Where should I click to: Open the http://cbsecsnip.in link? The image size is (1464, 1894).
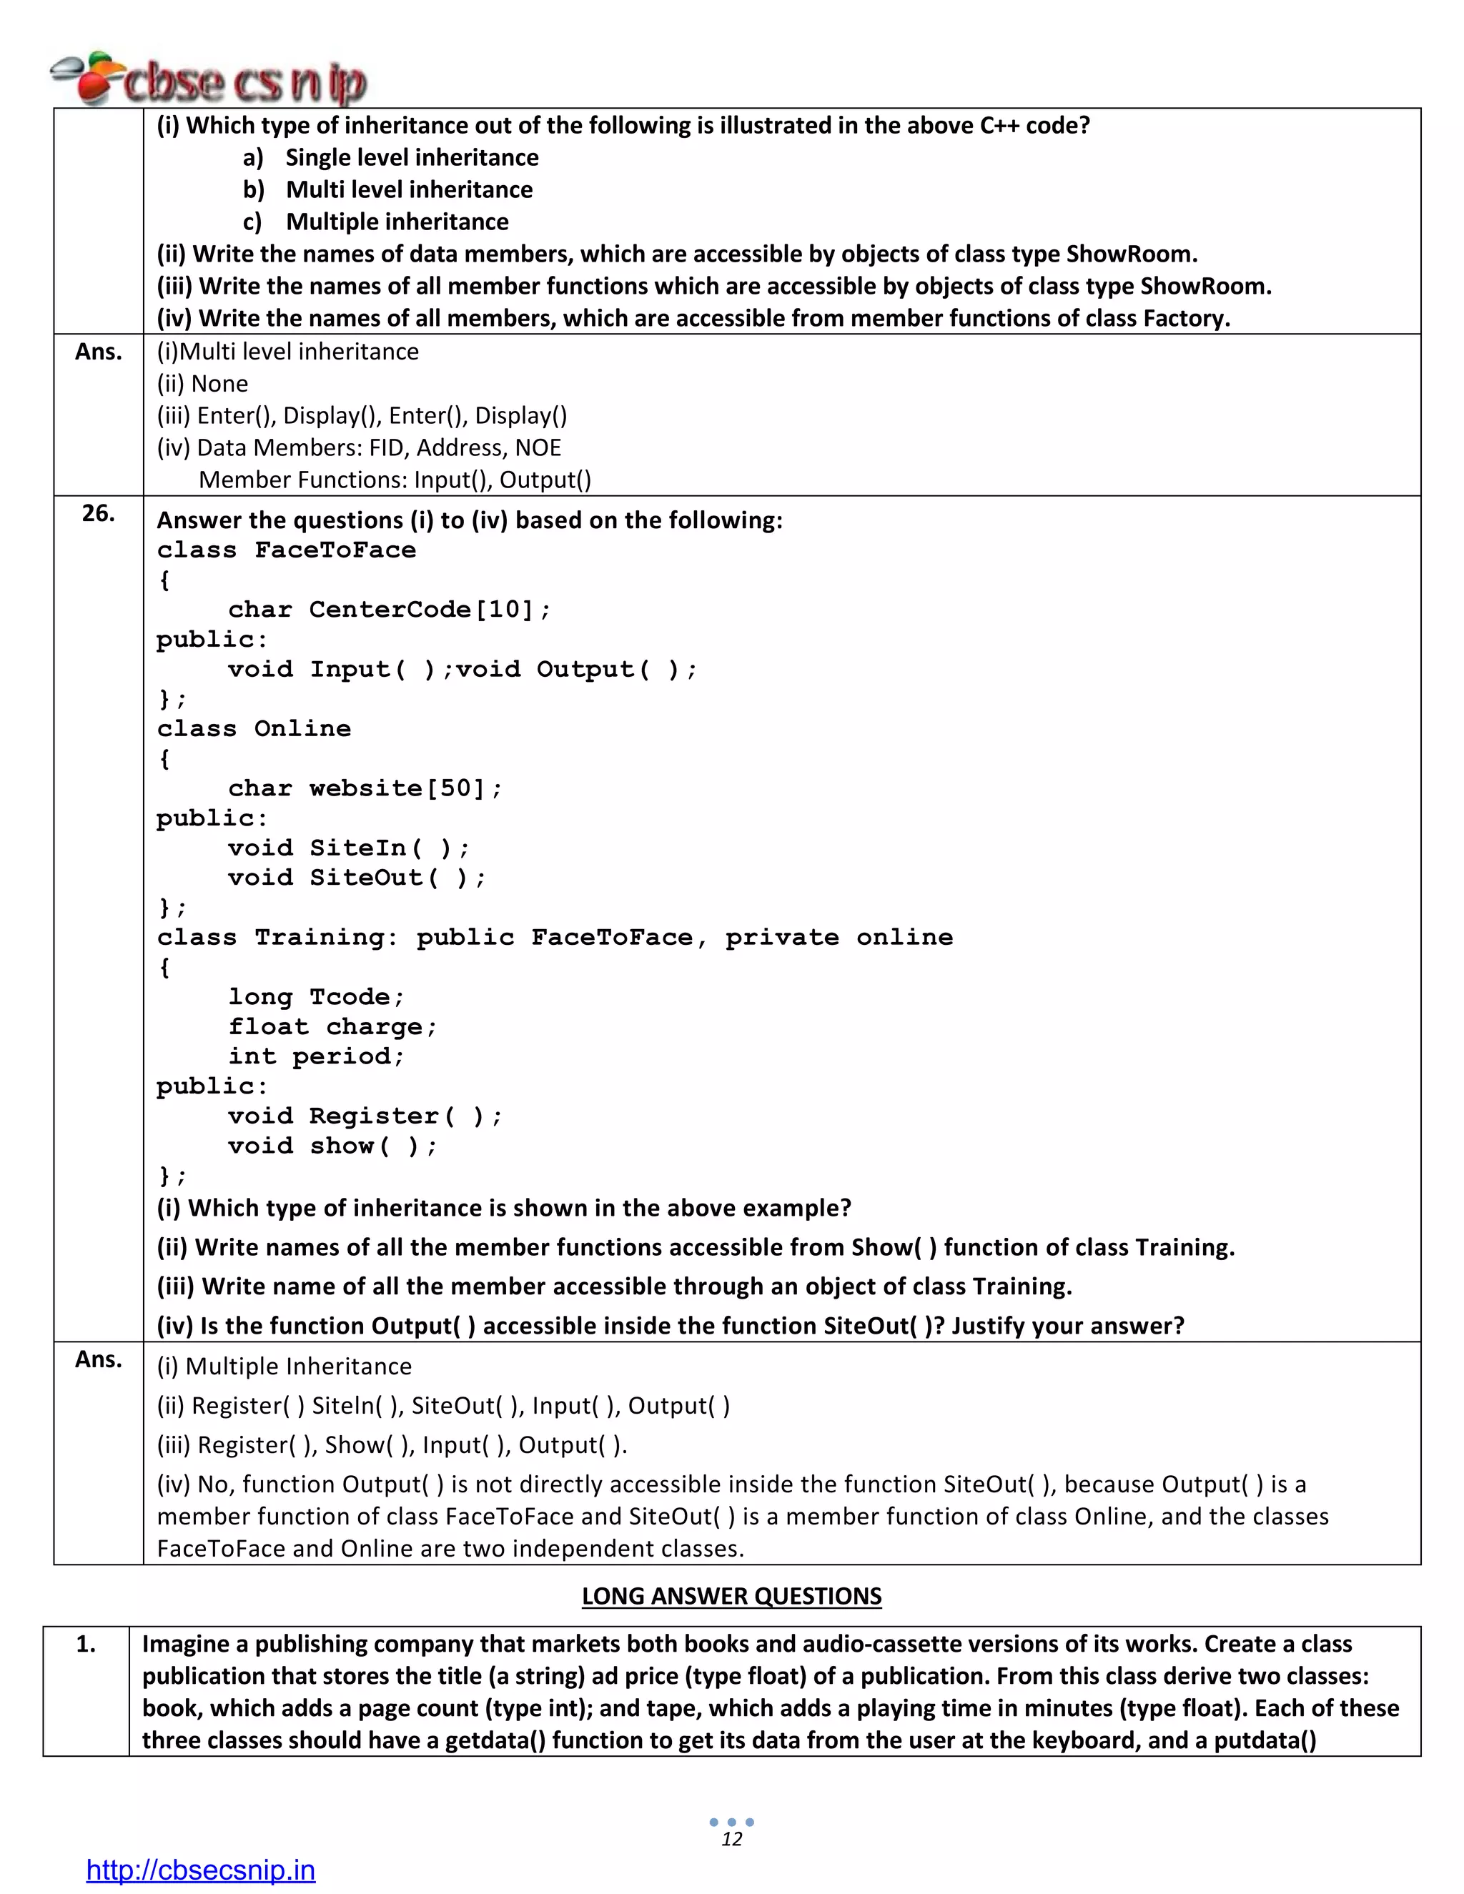point(200,1869)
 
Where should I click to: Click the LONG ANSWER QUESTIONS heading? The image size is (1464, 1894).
point(731,1596)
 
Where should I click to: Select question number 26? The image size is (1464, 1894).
point(98,513)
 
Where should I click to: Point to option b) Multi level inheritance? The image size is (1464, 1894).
point(387,189)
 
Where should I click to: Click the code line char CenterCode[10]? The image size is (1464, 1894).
point(389,610)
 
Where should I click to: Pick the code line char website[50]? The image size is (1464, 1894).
point(365,788)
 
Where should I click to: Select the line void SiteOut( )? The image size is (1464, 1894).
point(357,878)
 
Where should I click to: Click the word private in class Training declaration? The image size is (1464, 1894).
point(781,938)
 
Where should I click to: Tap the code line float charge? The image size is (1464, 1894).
point(332,1027)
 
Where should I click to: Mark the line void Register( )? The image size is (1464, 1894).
point(365,1116)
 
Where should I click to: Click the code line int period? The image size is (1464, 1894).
point(316,1056)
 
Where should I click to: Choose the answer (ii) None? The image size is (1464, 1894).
point(202,383)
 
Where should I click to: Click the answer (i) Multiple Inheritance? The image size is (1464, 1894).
point(284,1366)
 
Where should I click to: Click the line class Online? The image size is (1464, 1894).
point(253,728)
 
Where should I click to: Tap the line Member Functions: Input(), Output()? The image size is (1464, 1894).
point(395,480)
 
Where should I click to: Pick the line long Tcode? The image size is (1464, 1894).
point(316,997)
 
